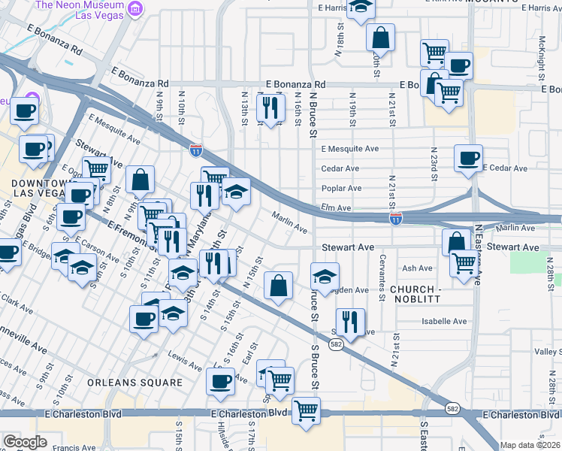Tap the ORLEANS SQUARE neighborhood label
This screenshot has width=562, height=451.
[134, 383]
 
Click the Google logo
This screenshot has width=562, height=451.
[25, 442]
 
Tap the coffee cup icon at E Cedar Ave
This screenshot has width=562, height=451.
[468, 158]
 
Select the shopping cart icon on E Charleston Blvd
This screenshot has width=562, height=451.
[306, 410]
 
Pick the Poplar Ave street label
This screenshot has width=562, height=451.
[341, 188]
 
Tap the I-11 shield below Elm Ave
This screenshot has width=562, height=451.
[395, 219]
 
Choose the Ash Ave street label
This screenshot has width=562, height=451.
[417, 268]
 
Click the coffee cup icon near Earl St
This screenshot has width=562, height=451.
[220, 380]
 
